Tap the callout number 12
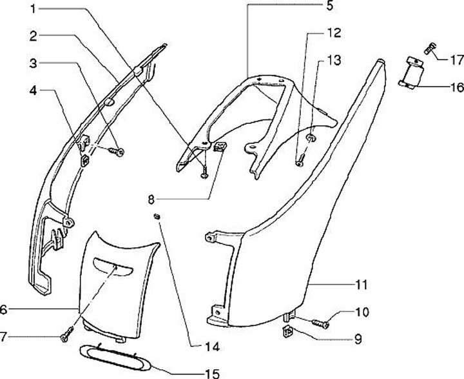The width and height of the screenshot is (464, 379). (x=333, y=32)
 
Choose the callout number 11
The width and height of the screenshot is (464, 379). (x=362, y=284)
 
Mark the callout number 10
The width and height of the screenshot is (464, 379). (x=362, y=312)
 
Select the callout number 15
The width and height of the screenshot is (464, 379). (x=212, y=373)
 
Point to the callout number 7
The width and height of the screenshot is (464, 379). (x=5, y=337)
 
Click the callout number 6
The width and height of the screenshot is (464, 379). (x=5, y=310)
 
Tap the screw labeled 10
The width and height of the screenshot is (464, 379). (x=320, y=323)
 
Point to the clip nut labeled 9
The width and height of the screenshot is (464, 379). (x=287, y=333)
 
